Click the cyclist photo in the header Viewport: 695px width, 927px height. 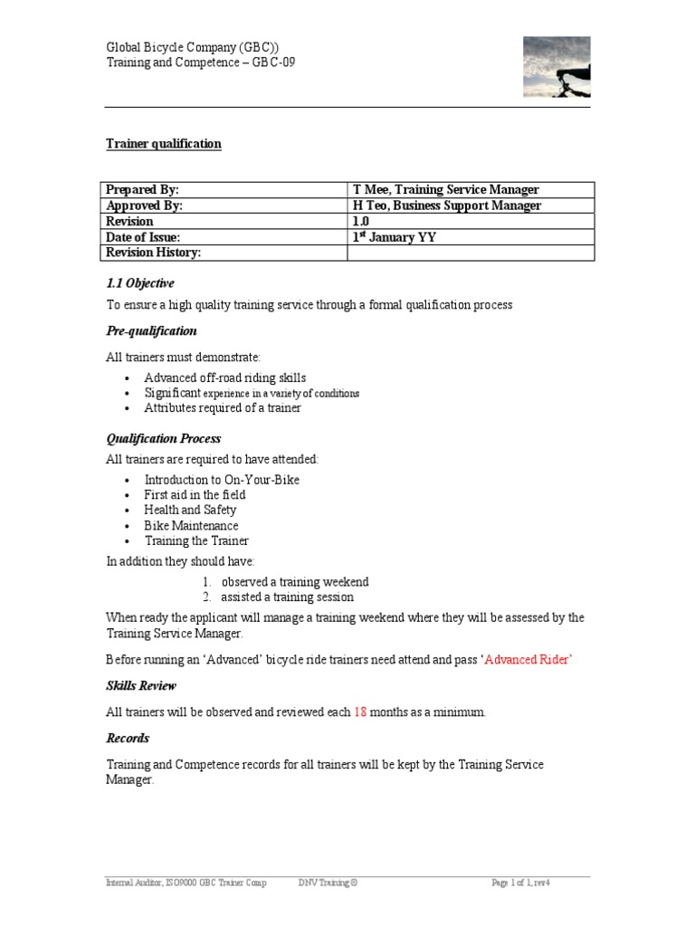[557, 67]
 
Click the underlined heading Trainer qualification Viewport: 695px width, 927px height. [164, 144]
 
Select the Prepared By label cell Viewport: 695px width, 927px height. [142, 190]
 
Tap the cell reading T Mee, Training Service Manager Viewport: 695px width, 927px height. [445, 190]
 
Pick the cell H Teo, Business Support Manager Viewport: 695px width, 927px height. [447, 205]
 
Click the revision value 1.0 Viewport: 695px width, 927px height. [361, 221]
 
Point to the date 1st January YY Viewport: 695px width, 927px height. [394, 237]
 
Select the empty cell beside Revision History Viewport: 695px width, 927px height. [471, 253]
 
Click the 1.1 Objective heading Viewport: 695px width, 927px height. [140, 283]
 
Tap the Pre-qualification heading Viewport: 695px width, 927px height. [152, 330]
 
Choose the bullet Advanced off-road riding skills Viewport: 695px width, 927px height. [225, 377]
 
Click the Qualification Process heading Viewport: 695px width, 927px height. [164, 439]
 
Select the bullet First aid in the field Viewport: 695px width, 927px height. [195, 495]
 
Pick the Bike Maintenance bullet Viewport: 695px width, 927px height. [191, 526]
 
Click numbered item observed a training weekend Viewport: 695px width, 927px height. [295, 582]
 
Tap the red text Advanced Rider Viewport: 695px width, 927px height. [529, 659]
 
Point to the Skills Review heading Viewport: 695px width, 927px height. [141, 685]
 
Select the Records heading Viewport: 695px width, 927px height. [128, 739]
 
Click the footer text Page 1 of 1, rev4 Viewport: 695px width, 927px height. [520, 883]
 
